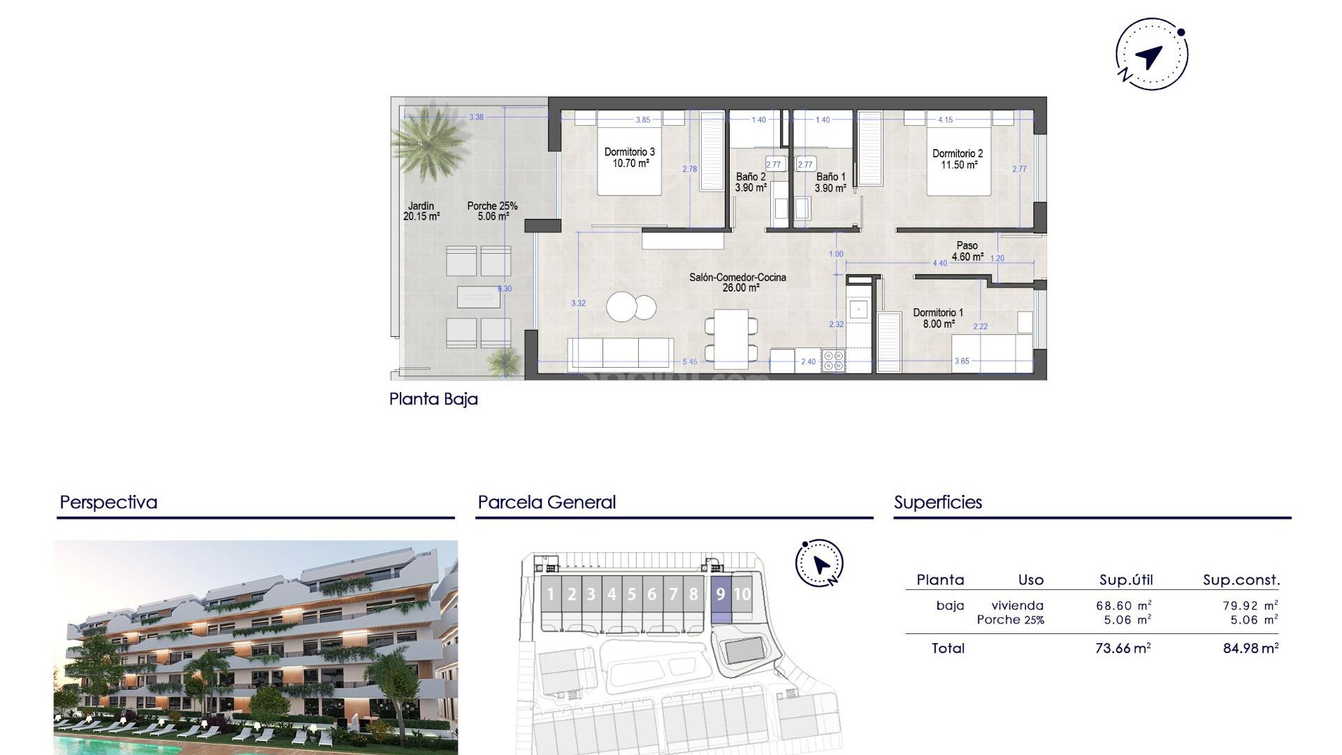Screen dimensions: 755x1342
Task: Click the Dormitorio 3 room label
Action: coord(630,157)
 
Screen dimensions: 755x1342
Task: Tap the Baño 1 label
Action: coord(830,182)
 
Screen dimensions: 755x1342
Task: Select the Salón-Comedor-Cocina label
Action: coord(737,282)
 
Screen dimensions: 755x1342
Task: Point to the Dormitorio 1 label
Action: coord(938,318)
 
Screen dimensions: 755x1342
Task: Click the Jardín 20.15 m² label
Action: coord(421,211)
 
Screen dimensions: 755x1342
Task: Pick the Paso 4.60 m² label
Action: coord(967,251)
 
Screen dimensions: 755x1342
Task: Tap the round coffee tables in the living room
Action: coord(631,306)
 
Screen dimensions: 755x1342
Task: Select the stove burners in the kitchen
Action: coord(833,360)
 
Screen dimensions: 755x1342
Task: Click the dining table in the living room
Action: coord(731,339)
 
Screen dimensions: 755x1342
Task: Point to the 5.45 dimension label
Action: coord(689,361)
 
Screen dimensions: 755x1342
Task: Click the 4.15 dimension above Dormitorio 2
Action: coord(945,120)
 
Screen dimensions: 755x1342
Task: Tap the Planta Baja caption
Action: coord(433,399)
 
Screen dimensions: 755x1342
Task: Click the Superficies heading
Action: coord(938,503)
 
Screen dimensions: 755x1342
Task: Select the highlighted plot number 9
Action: coord(721,594)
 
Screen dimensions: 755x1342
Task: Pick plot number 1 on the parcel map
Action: coord(551,594)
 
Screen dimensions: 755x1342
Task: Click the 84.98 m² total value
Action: coord(1250,648)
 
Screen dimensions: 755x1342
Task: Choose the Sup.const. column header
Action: coord(1241,580)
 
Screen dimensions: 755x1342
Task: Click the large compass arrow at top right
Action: coord(1149,56)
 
